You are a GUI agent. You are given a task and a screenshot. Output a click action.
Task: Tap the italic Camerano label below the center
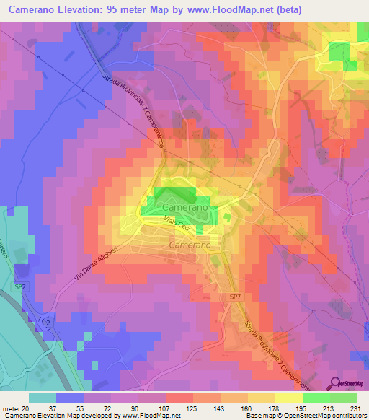point(190,245)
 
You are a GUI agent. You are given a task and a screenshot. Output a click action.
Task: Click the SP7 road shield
point(236,297)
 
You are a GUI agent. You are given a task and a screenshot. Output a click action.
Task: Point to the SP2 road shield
point(19,287)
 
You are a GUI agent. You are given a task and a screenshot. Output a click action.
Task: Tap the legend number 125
point(190,408)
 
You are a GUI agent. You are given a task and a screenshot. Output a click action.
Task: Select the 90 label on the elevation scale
point(137,408)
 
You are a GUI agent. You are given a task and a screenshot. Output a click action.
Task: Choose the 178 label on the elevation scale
point(271,408)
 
